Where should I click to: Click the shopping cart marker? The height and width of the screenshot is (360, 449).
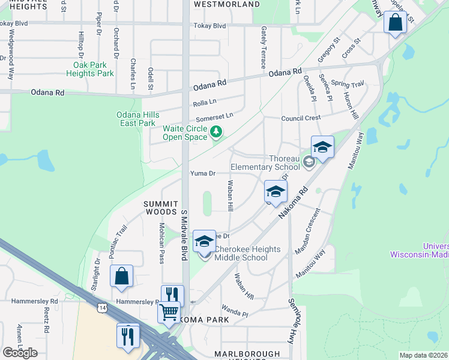169,311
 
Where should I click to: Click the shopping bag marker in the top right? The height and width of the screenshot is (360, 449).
396,23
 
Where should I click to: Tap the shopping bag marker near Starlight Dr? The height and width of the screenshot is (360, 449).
121,276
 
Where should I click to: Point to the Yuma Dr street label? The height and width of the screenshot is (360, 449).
203,173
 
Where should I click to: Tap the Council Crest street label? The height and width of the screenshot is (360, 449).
301,118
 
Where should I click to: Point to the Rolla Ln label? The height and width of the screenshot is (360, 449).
204,104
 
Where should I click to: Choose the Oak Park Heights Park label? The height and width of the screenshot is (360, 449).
94,69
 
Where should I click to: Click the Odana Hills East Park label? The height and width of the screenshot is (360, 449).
136,119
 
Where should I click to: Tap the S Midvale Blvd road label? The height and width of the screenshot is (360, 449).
185,233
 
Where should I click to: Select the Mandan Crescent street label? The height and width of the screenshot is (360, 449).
309,230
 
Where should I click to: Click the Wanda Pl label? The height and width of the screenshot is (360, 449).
235,313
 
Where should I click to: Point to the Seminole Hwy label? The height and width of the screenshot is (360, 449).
294,317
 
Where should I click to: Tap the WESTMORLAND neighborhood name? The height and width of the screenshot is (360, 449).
226,4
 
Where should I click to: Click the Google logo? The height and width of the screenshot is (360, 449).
20,352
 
